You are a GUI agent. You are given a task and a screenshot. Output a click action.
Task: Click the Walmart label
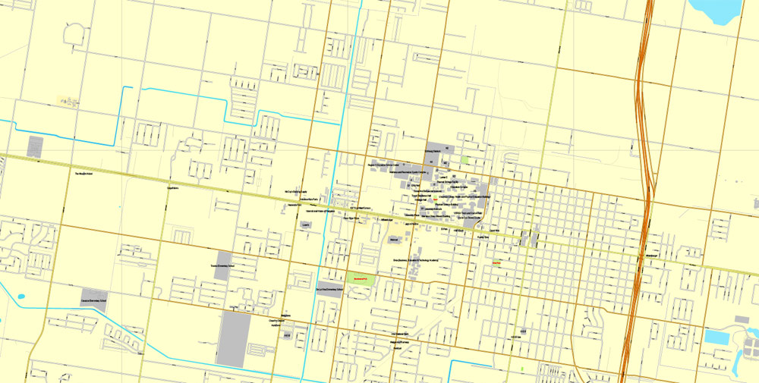point(393,240)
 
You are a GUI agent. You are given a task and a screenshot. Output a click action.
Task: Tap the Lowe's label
point(305,225)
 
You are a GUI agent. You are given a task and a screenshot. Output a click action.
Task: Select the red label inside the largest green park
point(361,278)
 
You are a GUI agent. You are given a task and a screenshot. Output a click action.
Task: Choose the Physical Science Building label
point(446,204)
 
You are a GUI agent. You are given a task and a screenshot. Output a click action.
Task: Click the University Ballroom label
point(429,209)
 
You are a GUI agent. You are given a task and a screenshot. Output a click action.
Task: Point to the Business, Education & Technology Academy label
point(416,260)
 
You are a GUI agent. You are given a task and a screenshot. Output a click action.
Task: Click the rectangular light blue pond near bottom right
point(716,336)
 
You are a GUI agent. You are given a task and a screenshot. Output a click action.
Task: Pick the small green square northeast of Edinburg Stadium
point(464,159)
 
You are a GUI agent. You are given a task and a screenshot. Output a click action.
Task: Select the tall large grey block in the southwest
point(233,339)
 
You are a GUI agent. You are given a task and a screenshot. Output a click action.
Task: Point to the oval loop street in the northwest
point(75,33)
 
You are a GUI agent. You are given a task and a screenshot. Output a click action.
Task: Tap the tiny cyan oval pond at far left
point(20,297)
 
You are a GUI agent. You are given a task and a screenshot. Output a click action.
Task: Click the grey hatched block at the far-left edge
point(35,146)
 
